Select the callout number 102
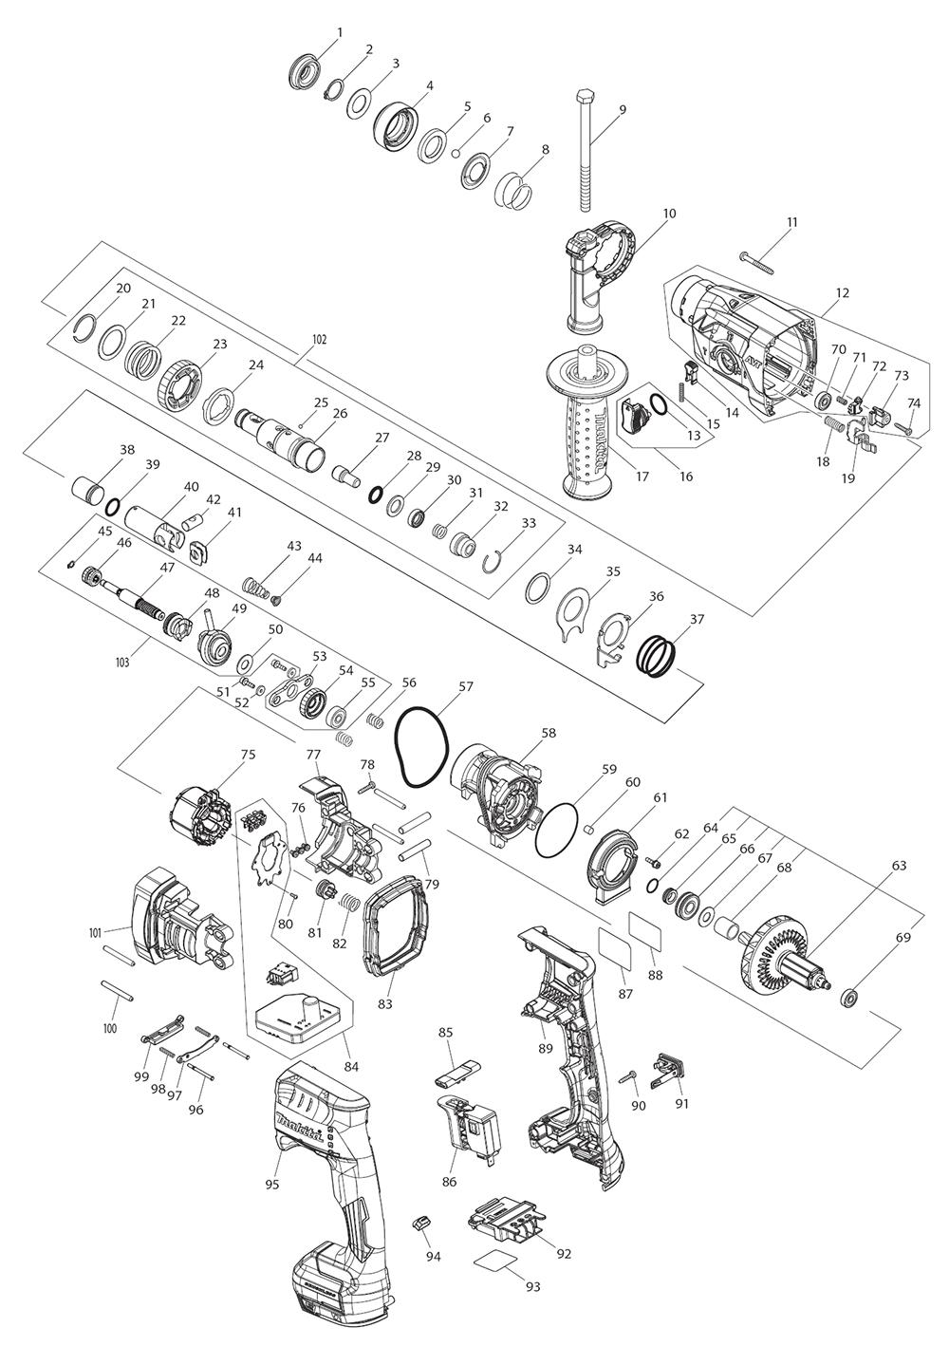point(319,340)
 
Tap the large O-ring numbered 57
point(421,747)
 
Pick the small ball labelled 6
point(456,153)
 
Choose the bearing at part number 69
point(849,1003)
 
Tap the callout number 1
point(340,31)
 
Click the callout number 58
point(549,733)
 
